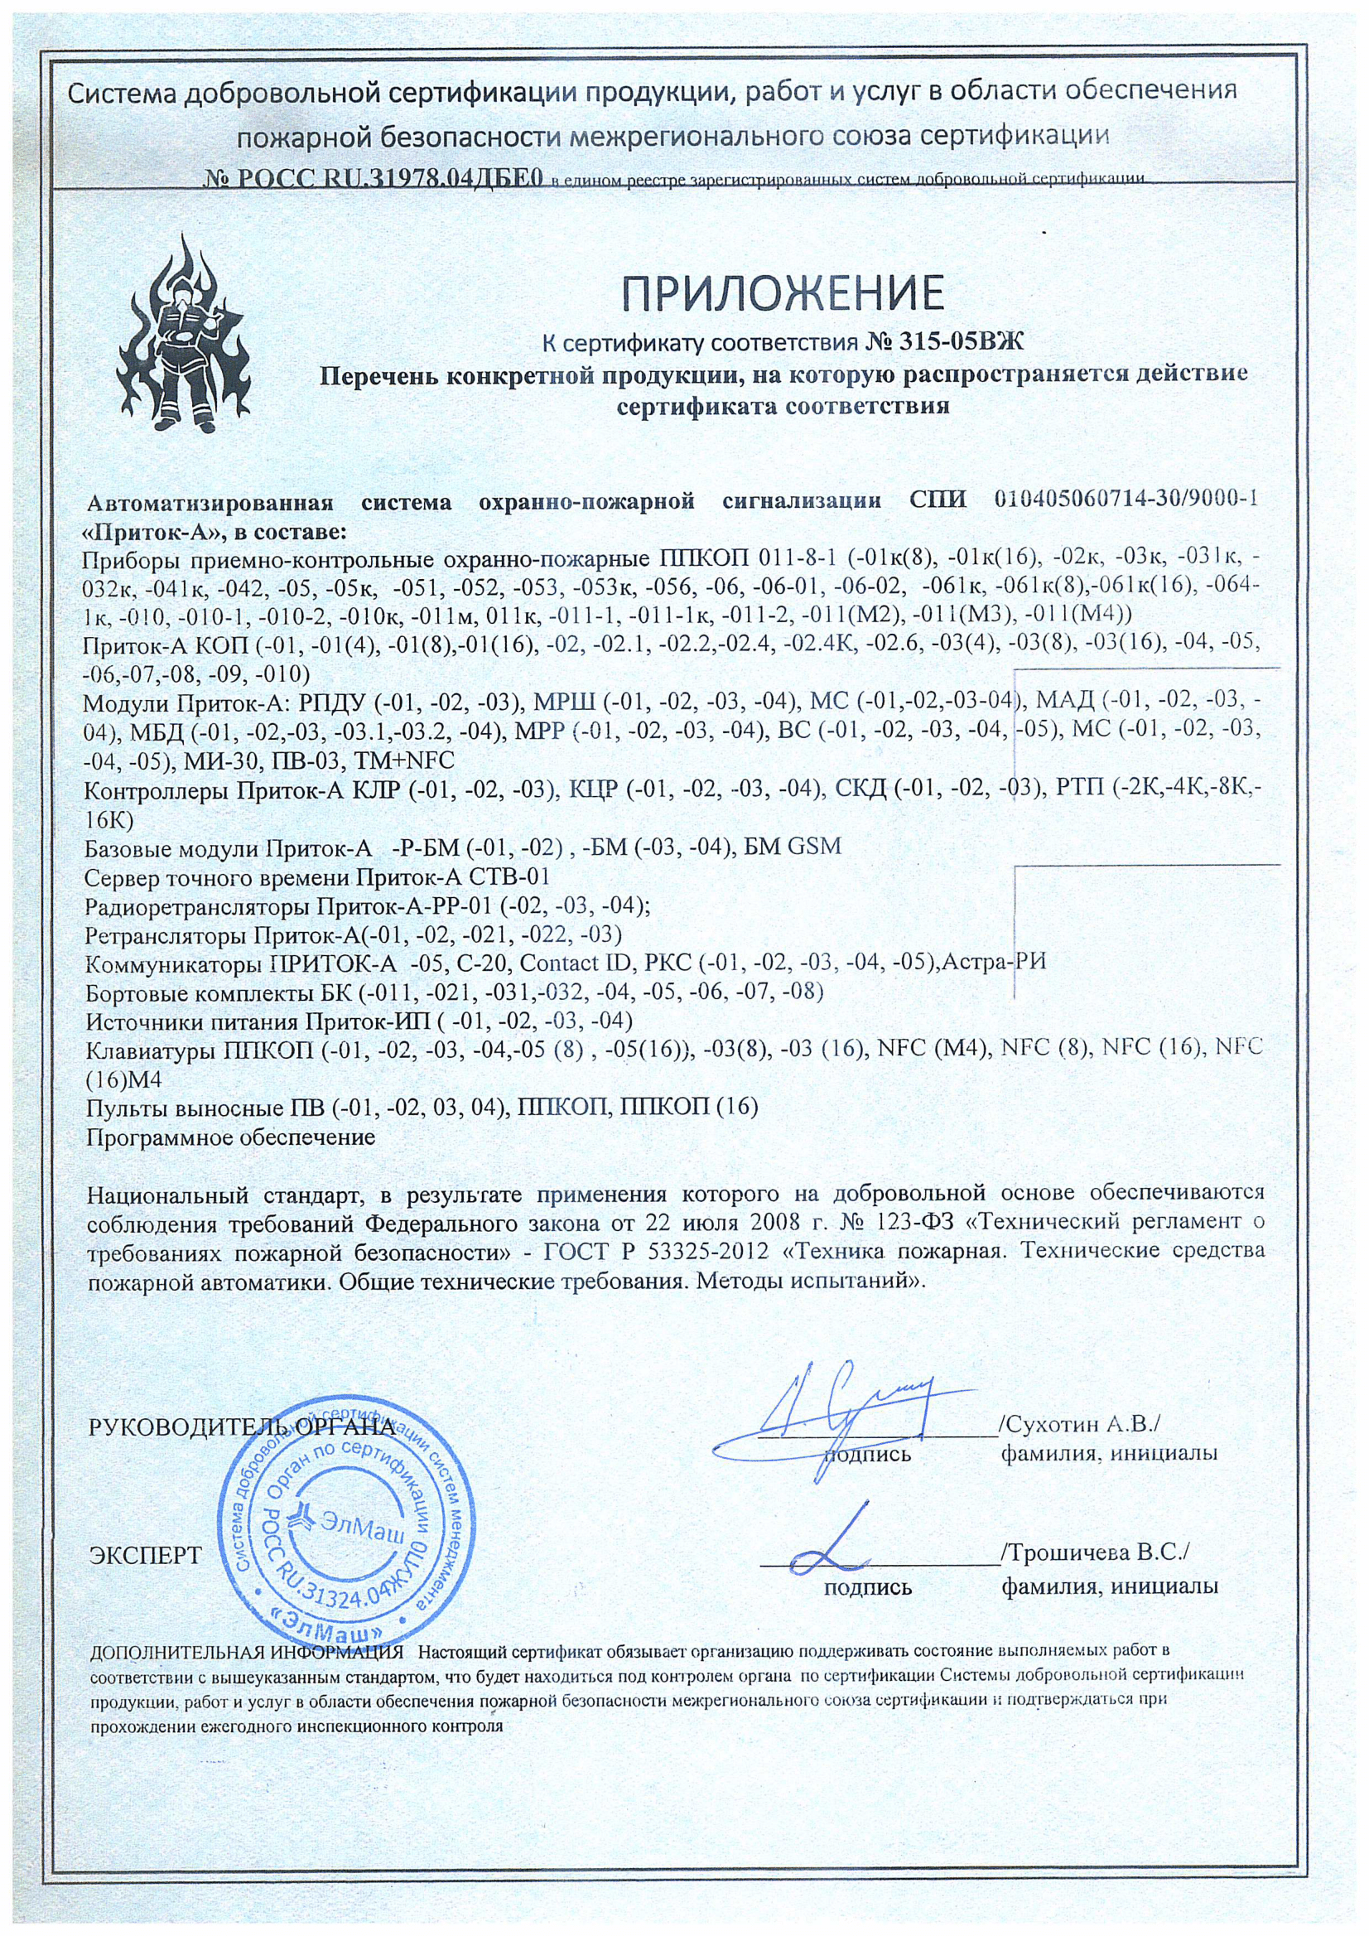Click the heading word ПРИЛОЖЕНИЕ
[x=783, y=292]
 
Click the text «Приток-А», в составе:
[x=217, y=533]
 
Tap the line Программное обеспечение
[x=231, y=1137]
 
